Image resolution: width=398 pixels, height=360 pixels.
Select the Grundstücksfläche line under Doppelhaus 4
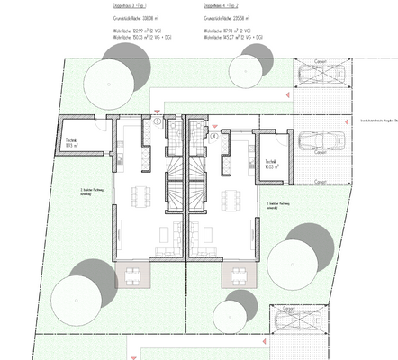[x=219, y=17]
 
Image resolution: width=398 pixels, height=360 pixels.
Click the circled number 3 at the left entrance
[x=157, y=121]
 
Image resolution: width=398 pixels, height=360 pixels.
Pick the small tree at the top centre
[x=245, y=70]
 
